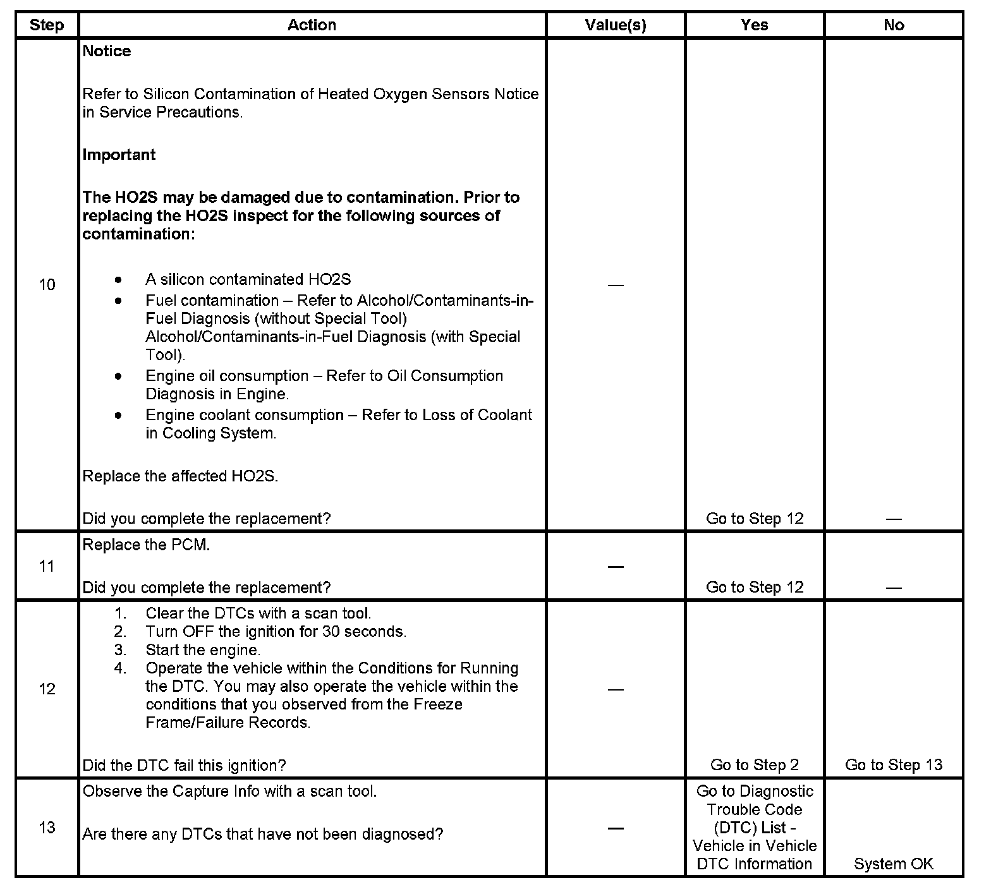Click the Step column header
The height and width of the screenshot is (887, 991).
point(47,25)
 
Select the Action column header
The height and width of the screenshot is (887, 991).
point(312,25)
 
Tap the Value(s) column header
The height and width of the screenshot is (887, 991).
point(616,25)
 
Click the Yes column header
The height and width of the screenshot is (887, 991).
point(755,25)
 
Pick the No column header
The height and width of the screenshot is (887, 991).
point(894,25)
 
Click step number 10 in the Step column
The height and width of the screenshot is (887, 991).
point(47,285)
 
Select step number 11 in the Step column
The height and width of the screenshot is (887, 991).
point(47,566)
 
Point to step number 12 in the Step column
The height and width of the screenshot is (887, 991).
point(47,689)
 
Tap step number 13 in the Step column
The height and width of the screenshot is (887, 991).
point(47,828)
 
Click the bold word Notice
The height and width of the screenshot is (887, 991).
point(107,51)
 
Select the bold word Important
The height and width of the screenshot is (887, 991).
point(119,155)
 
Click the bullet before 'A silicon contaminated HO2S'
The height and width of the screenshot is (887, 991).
point(118,279)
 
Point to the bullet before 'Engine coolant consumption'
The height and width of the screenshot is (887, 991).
point(118,415)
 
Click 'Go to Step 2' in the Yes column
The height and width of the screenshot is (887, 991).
point(755,765)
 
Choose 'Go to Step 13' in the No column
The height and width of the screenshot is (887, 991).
point(894,765)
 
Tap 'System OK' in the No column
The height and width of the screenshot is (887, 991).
point(894,864)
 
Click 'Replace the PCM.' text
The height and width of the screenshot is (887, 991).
point(146,545)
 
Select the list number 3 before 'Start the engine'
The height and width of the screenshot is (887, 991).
point(120,650)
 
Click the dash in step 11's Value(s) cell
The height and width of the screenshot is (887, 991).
point(616,567)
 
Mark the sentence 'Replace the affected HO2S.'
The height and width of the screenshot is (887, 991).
point(180,476)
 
